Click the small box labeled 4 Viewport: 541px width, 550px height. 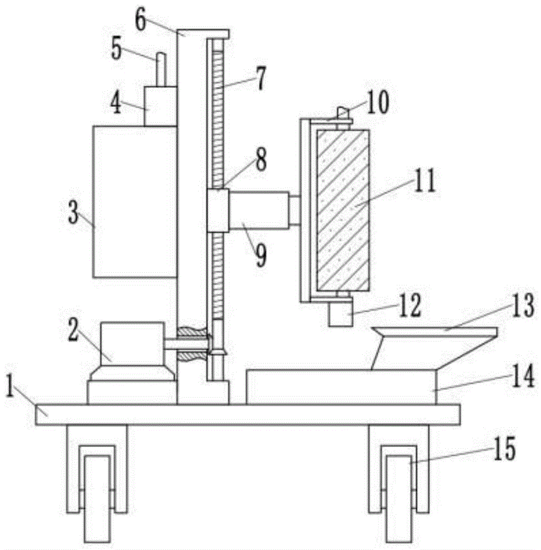click(160, 106)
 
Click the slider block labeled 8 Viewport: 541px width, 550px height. click(217, 210)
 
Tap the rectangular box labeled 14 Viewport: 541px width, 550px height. click(341, 387)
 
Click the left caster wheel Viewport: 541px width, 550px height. click(97, 498)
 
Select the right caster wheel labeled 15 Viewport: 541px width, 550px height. click(398, 498)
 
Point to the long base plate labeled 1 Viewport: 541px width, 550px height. click(248, 414)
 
